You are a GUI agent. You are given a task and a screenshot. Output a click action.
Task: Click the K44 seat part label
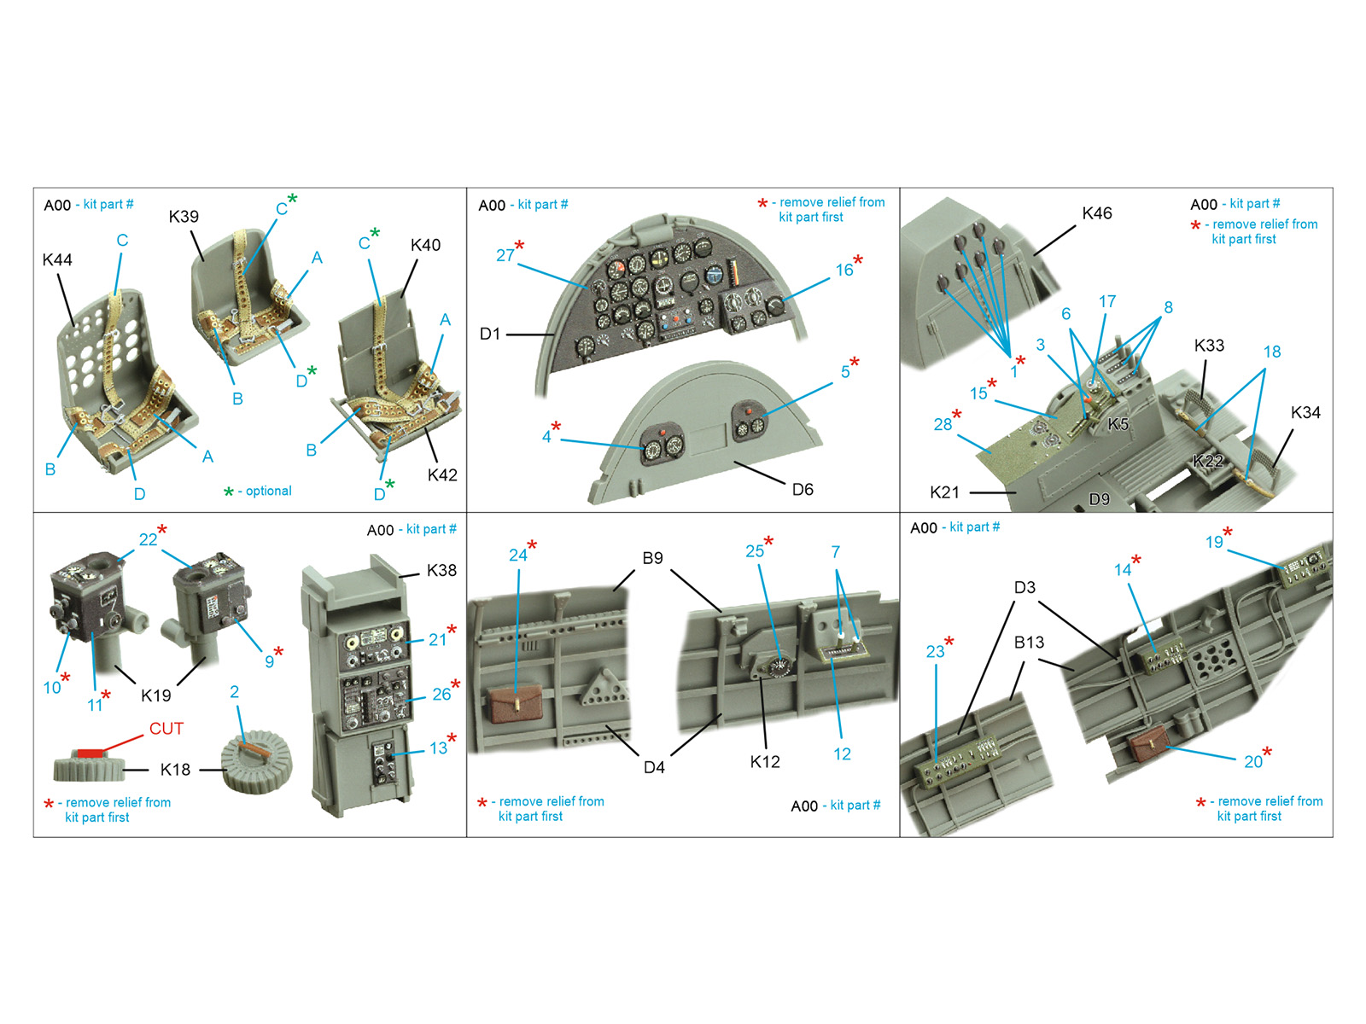click(x=57, y=260)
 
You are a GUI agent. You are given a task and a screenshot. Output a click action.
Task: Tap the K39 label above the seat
click(x=184, y=217)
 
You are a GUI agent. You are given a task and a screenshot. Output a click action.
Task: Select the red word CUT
click(x=166, y=728)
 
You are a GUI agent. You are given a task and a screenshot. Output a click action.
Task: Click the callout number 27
click(x=505, y=255)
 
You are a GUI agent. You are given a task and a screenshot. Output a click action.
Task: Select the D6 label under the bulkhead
click(x=803, y=489)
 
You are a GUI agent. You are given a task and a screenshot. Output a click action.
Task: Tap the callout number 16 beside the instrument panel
click(x=844, y=270)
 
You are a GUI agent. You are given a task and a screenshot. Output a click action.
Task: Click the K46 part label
click(x=1096, y=213)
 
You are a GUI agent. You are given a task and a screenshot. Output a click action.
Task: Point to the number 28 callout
click(x=943, y=424)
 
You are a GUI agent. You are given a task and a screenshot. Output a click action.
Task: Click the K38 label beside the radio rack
click(x=441, y=570)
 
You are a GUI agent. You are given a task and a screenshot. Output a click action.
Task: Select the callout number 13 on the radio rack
click(x=438, y=748)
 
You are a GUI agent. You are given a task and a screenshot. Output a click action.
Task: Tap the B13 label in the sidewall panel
click(x=1030, y=642)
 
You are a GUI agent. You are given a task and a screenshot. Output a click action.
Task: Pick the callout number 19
click(x=1214, y=542)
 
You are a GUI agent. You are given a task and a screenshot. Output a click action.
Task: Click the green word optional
click(x=268, y=491)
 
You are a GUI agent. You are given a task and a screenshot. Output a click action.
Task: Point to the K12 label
click(x=765, y=762)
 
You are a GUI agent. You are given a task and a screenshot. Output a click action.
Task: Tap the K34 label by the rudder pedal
click(x=1305, y=412)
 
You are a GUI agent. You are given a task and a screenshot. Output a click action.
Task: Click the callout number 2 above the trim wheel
click(x=234, y=691)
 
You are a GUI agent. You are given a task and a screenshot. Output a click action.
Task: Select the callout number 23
click(x=936, y=652)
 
